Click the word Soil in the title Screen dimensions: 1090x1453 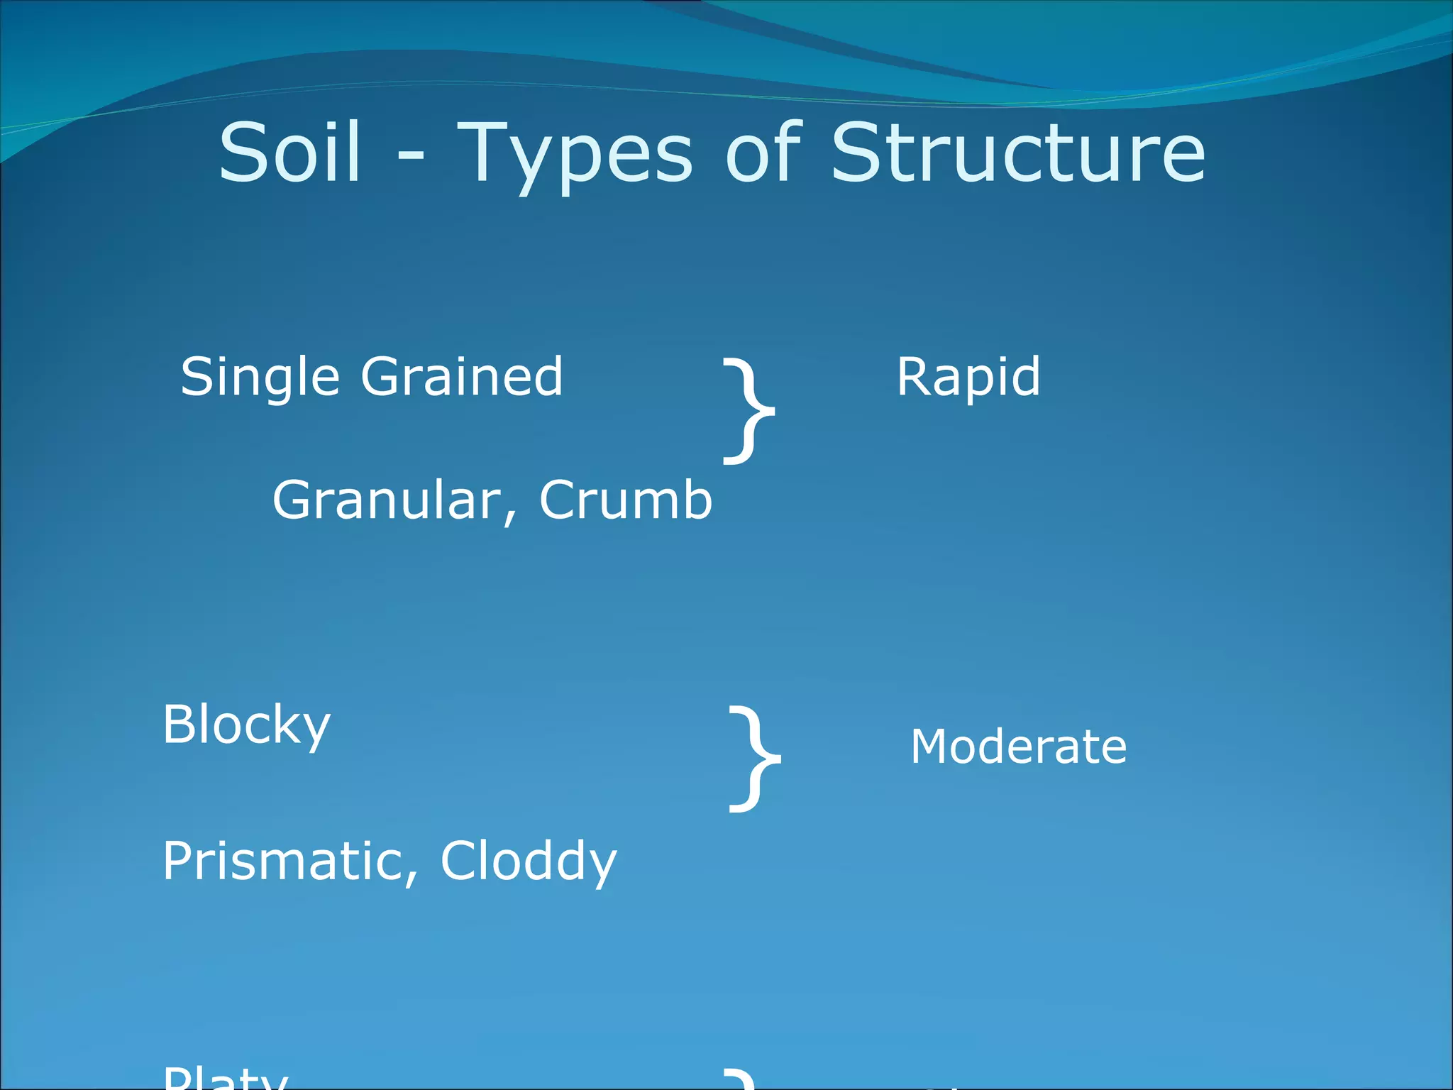click(x=290, y=153)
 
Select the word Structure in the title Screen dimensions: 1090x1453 click(x=1017, y=153)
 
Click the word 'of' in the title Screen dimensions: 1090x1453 click(x=763, y=153)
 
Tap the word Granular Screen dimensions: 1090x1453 click(x=387, y=500)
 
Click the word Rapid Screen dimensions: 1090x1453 click(x=968, y=378)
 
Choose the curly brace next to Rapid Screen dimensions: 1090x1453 click(x=748, y=412)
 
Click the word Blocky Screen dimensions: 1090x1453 click(x=246, y=725)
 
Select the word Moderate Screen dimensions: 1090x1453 click(x=1018, y=747)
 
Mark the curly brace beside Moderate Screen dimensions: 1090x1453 click(x=754, y=759)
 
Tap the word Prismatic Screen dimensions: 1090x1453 click(x=283, y=861)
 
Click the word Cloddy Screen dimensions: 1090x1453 click(x=529, y=861)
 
